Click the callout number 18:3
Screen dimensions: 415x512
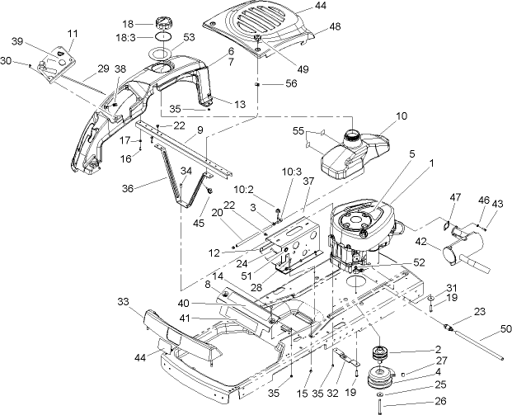pyautogui.click(x=124, y=37)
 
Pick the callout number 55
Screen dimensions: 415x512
pyautogui.click(x=298, y=131)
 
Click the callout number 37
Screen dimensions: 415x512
pyautogui.click(x=308, y=181)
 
